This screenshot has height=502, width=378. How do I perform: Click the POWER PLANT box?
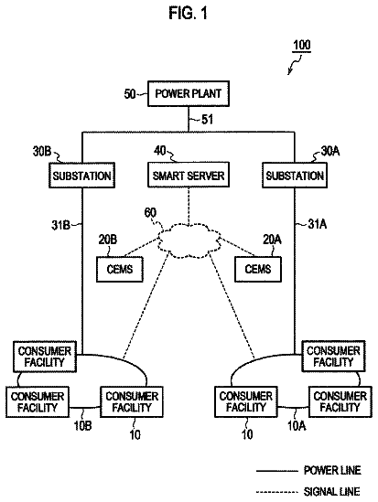point(189,93)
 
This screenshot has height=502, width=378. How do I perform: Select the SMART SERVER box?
point(189,175)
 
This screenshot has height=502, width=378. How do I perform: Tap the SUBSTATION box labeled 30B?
point(81,176)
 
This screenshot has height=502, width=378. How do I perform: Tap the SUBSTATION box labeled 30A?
point(295,176)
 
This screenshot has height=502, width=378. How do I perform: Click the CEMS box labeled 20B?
point(120,269)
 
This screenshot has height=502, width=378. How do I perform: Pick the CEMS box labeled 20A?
point(258,269)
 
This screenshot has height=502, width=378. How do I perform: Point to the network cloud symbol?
point(189,240)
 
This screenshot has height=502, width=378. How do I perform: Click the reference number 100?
point(302,45)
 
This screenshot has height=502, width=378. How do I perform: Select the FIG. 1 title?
point(189,13)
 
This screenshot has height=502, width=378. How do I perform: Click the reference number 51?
point(207,120)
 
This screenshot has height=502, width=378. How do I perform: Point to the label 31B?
point(60,225)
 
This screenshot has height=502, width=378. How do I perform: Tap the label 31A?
point(317,224)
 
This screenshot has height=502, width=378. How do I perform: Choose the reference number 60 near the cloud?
point(150,212)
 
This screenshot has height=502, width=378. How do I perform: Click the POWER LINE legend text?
point(332,470)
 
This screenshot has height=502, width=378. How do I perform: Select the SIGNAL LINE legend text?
point(331,491)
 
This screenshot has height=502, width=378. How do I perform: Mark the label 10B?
point(82,426)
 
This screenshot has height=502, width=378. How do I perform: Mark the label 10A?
point(297,426)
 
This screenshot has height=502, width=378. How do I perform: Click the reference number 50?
point(130,94)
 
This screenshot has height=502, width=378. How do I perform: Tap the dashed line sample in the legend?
point(277,492)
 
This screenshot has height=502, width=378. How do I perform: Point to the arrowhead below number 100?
point(289,72)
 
